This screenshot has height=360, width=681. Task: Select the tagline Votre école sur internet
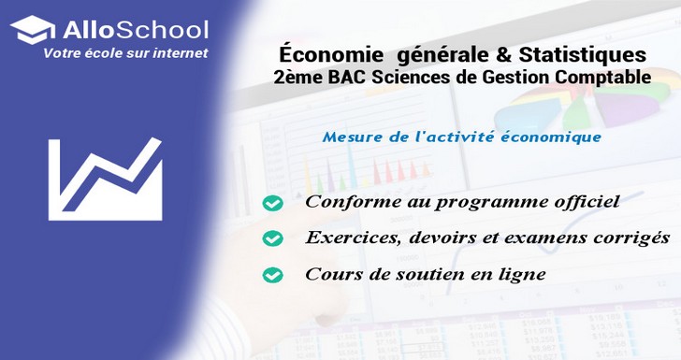125,53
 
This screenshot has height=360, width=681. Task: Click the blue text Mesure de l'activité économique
461,137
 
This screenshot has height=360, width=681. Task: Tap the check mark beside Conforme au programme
272,203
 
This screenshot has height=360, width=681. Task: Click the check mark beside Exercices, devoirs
272,238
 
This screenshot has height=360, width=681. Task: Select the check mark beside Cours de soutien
272,275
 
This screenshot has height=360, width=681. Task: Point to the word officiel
582,202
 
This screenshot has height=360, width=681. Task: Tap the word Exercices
348,238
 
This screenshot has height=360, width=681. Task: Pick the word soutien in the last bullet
422,274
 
